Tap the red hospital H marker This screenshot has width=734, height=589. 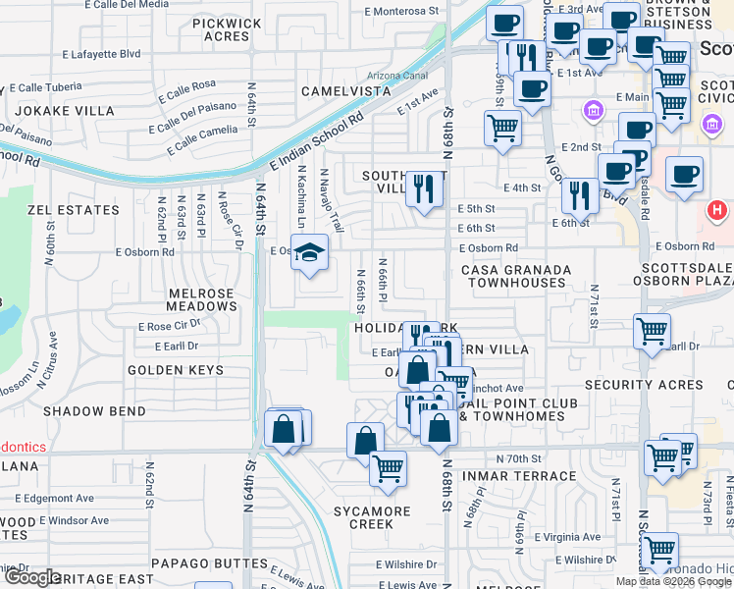tap(717, 209)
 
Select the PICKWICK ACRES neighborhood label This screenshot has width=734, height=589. tap(227, 29)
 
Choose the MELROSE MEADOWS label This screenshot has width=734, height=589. tap(188, 300)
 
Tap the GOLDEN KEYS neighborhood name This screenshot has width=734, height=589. tap(175, 370)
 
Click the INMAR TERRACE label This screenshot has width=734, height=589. tap(527, 476)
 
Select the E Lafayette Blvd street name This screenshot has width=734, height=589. tap(101, 54)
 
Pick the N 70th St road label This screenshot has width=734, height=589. tap(519, 458)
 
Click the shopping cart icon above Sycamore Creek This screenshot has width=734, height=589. tap(389, 467)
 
